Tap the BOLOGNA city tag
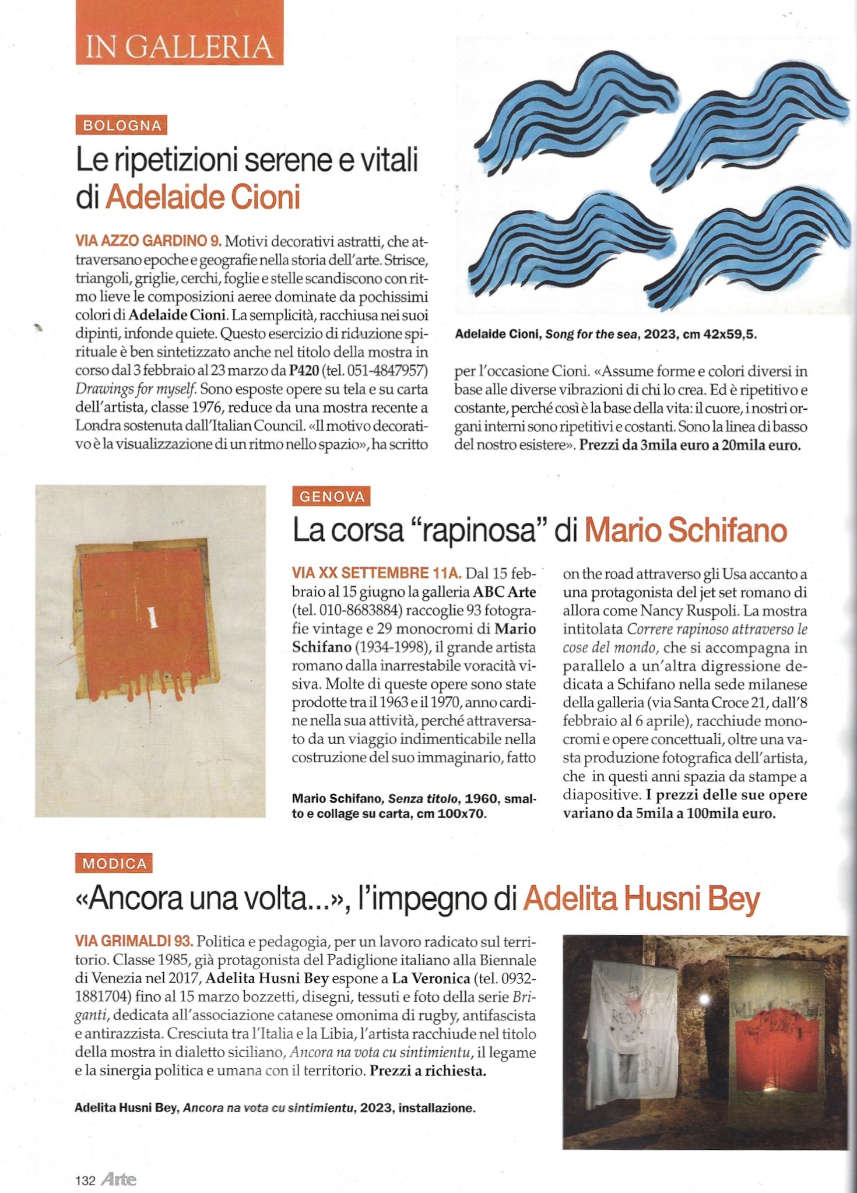(x=121, y=126)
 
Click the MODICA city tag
(x=114, y=863)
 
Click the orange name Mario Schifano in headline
(x=686, y=530)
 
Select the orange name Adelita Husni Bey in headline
(x=641, y=899)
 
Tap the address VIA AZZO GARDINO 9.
(x=148, y=241)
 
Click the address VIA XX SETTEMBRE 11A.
(x=376, y=573)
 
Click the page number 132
(x=85, y=1181)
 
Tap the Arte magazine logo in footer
(x=118, y=1180)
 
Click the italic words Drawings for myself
(x=138, y=389)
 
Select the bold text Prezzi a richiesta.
(x=428, y=1071)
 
